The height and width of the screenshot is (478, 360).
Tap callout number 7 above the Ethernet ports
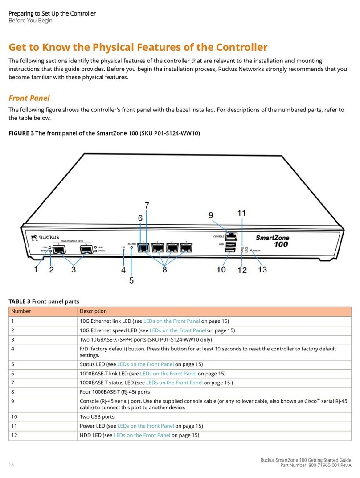146,206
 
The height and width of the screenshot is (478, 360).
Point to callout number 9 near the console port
210,215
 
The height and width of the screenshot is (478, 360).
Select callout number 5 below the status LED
131,280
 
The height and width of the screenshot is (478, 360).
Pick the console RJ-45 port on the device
231,236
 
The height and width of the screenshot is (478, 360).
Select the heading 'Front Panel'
29,98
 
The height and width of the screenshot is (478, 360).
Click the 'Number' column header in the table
21,311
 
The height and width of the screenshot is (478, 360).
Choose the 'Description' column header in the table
93,311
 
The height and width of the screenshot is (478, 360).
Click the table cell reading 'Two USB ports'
97,416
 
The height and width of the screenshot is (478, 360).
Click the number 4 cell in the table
13,349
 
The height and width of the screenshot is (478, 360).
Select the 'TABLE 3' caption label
20,301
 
